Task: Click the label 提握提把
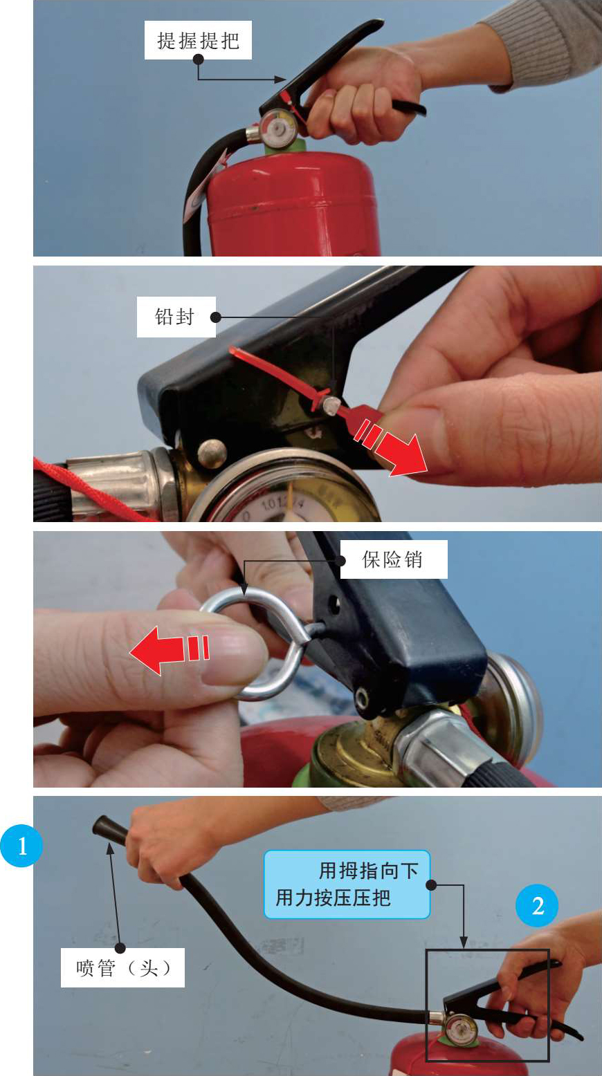click(198, 40)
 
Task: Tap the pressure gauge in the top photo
click(277, 127)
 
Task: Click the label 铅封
click(176, 317)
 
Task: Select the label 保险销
click(394, 559)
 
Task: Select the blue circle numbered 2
click(537, 906)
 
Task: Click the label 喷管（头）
click(122, 967)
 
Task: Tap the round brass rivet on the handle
click(212, 454)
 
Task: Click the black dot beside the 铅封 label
click(216, 317)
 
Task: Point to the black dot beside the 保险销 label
click(343, 561)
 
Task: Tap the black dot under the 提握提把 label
click(198, 59)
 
